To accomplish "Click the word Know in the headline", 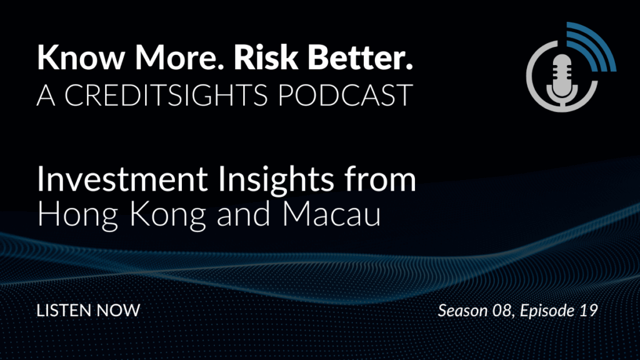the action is (81, 57).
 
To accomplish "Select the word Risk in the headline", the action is (265, 57).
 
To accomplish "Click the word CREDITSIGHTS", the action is (166, 95).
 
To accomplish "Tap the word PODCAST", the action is (345, 95).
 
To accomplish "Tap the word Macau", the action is (331, 214).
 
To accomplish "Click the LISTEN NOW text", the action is (88, 310).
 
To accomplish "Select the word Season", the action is (462, 311).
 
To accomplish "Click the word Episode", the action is (547, 311).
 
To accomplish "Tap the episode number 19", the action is (589, 311).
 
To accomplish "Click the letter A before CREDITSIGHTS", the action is (46, 95).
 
